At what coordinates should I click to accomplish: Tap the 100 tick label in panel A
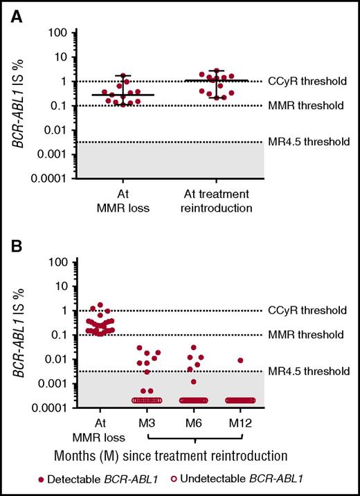pos(57,33)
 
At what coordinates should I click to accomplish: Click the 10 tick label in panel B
pos(60,286)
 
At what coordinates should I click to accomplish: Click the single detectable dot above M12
pos(240,360)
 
